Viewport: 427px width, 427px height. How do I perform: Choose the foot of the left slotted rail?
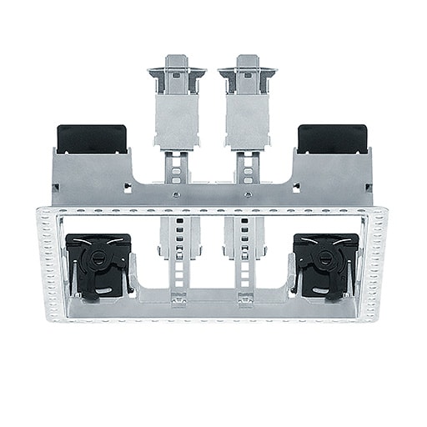click(177, 298)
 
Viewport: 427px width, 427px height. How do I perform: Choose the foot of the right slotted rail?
click(249, 298)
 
